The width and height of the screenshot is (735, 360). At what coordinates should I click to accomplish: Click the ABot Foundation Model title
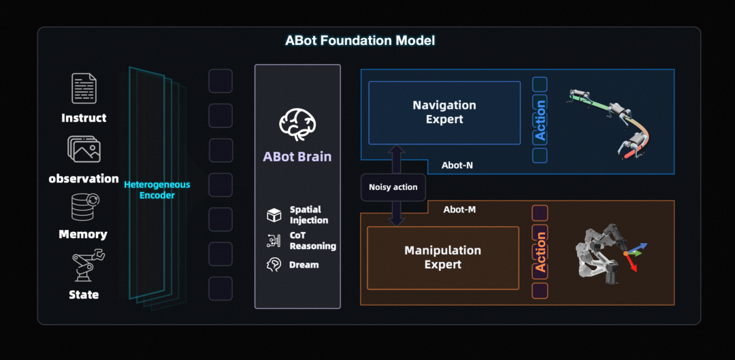point(360,40)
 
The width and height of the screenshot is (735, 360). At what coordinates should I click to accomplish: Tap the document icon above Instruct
point(84,88)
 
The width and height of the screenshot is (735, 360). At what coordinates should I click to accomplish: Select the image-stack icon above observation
point(84,148)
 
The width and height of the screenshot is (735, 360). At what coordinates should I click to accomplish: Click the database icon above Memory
point(84,207)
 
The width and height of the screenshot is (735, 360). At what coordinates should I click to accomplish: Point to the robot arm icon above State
point(86,266)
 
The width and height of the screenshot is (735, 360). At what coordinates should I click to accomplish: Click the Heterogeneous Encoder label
point(157,190)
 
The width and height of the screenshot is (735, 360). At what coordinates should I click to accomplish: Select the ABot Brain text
point(297,157)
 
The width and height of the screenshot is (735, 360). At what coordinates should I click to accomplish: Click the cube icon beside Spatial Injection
point(274,215)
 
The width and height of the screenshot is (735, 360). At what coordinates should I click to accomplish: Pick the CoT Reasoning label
point(312,240)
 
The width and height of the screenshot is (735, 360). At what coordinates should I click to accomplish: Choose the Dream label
point(304,265)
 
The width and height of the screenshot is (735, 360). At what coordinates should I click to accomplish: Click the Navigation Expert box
point(444,112)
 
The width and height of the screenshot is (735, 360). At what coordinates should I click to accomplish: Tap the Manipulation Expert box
point(443,257)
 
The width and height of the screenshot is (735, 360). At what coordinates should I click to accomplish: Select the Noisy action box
point(393,187)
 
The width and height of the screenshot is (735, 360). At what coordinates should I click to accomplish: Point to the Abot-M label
point(459,210)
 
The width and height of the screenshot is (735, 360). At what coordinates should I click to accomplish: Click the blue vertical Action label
point(540,120)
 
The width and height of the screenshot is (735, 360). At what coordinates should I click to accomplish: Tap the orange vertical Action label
point(540,252)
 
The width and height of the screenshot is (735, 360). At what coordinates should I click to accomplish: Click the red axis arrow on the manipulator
point(632,265)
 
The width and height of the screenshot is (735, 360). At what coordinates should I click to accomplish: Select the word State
point(84,295)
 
